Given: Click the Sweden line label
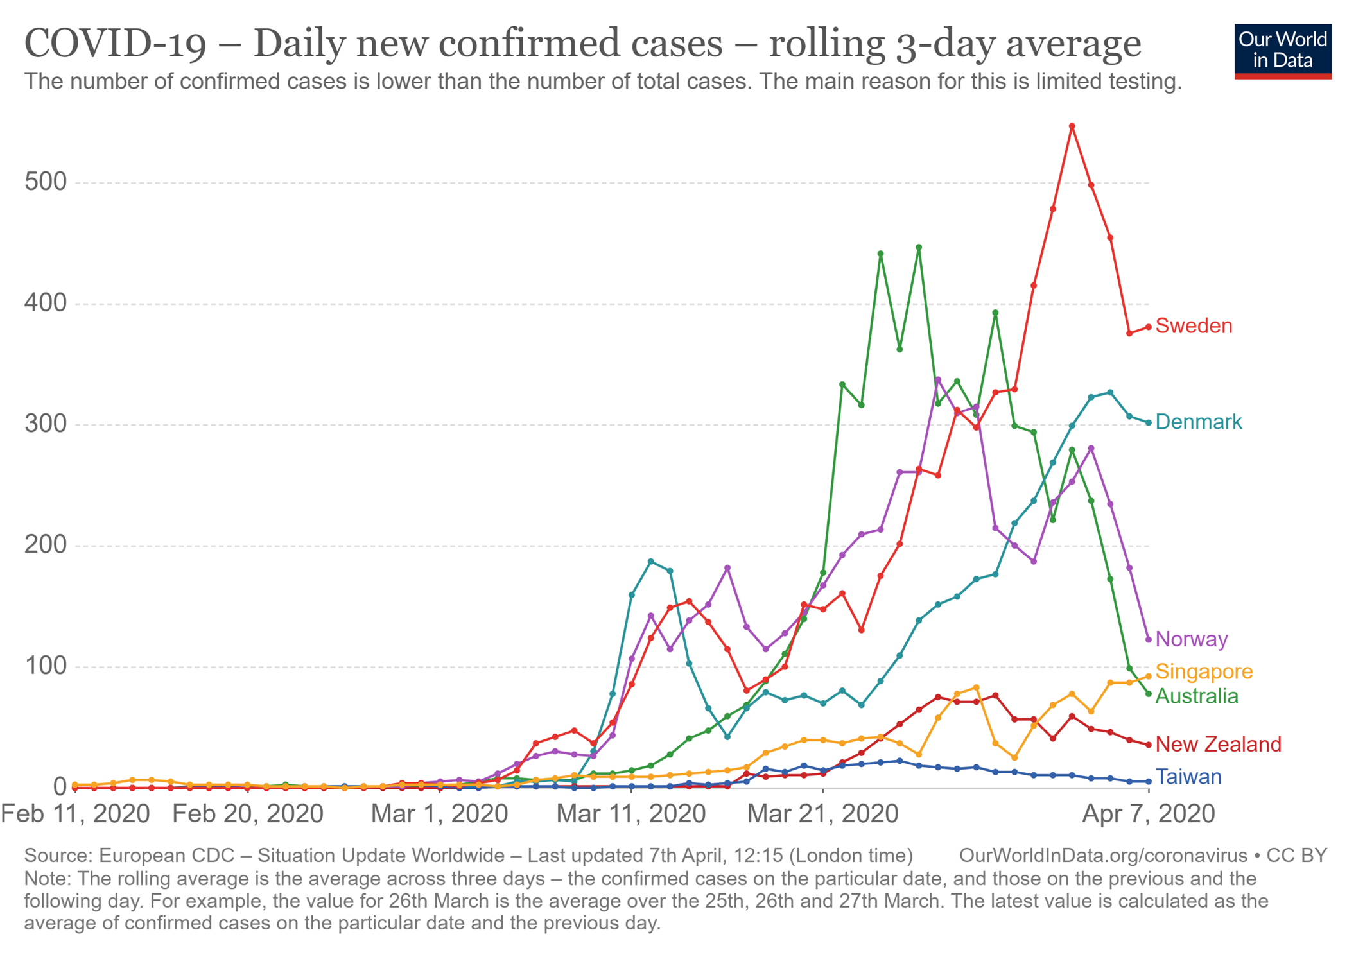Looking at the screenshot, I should (1194, 326).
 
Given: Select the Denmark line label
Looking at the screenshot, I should (1198, 422).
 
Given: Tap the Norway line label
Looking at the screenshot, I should (1191, 639).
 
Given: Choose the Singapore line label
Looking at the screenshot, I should (1204, 671).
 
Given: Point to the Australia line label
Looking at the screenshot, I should (1196, 696).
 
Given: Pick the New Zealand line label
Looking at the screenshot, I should (1218, 745).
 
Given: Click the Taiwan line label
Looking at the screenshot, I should (1188, 777).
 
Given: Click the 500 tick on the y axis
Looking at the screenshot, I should (46, 182).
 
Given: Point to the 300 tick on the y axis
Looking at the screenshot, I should (46, 424).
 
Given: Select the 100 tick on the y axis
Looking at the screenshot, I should (46, 666).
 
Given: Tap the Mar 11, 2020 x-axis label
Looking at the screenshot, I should (630, 814).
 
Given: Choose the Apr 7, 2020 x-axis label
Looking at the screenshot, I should (1148, 814).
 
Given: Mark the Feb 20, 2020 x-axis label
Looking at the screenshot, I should (248, 814).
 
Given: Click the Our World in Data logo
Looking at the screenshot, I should (1282, 51).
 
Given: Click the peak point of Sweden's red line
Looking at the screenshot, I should (1072, 126).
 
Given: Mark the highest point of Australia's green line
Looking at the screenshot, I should (919, 247).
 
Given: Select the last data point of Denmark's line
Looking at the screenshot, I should (1149, 423).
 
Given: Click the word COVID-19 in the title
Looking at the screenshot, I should (116, 44).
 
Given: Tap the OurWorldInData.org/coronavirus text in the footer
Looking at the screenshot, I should (1102, 856).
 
